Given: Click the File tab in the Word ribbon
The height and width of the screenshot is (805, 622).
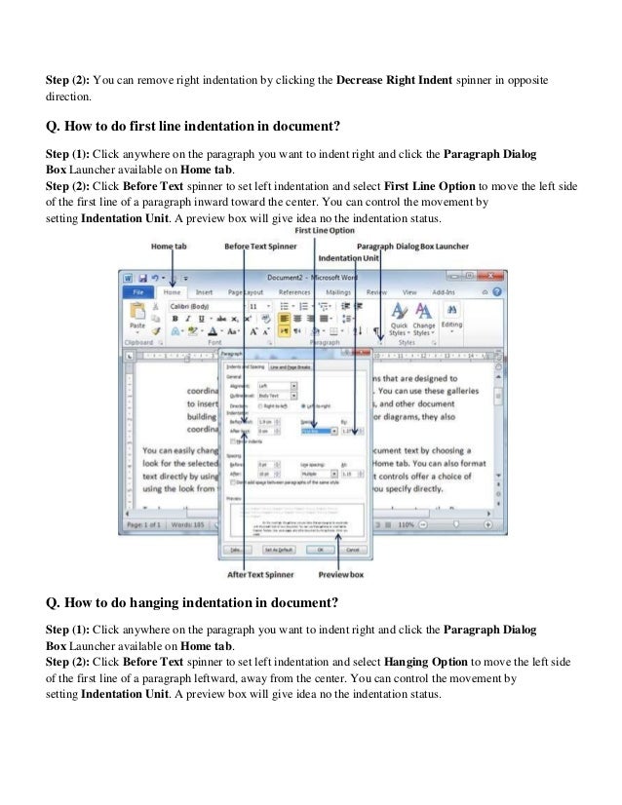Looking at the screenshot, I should pos(138,291).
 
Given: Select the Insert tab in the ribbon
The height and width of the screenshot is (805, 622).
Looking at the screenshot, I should pos(205,291).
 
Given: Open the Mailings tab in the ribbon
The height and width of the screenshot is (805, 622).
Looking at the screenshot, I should pos(338,291).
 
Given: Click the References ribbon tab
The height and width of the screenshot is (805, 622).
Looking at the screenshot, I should pos(294,291).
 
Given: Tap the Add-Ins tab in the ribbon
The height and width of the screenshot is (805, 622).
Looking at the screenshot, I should pos(444,291).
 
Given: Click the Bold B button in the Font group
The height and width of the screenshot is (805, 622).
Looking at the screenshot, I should pos(175,318).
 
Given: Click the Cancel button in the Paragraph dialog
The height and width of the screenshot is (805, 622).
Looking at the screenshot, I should pos(352,550).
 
